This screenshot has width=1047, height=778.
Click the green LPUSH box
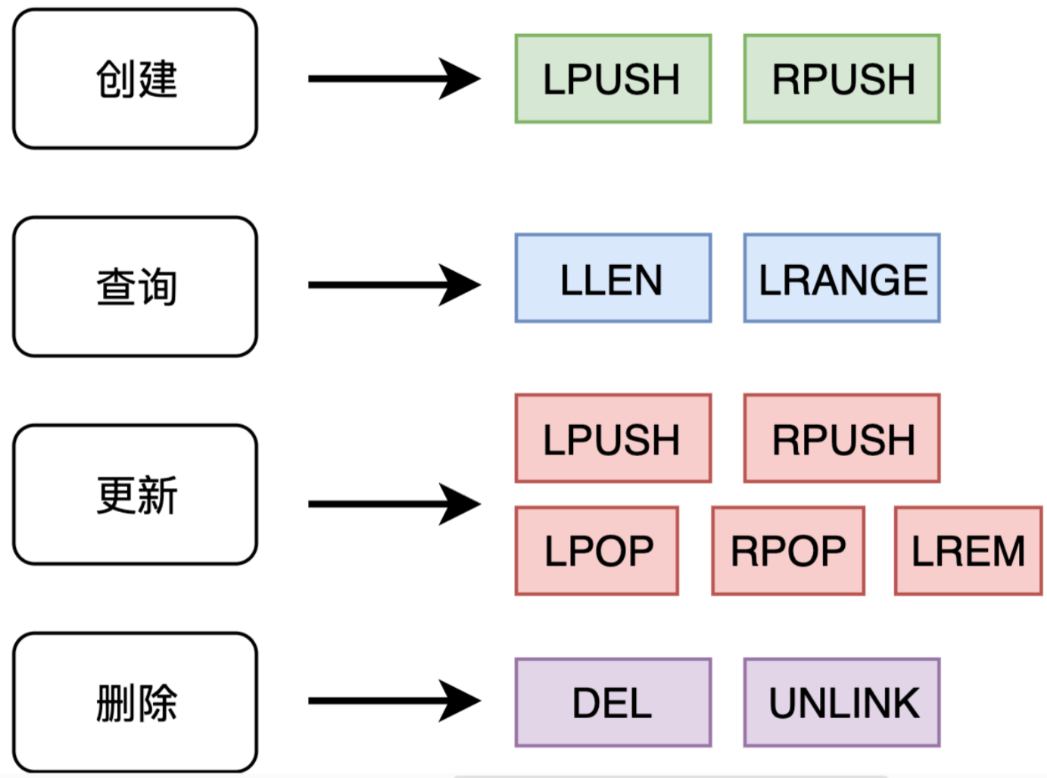pos(613,79)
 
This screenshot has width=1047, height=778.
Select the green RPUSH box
pos(842,79)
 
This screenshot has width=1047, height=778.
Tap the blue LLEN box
pos(613,278)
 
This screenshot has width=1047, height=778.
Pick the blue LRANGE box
pos(842,278)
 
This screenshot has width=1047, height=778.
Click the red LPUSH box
pos(613,439)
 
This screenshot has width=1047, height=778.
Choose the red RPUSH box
pos(842,439)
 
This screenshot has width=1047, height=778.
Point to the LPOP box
pos(597,551)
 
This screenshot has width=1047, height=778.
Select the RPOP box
pos(788,551)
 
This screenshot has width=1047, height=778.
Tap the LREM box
pos(968,551)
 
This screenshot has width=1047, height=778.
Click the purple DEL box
pos(613,702)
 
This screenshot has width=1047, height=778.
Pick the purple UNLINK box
pos(842,702)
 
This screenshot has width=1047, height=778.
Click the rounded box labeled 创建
pos(135,79)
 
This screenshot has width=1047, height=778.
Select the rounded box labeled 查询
pos(135,286)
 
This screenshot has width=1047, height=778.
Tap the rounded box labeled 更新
pos(135,495)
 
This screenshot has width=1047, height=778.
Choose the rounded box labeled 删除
pos(135,702)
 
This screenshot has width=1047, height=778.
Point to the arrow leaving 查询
pos(394,285)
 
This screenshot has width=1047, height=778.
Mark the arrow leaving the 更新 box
pos(394,504)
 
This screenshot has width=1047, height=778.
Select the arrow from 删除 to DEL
pos(394,701)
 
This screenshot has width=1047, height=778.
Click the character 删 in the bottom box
pos(116,703)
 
